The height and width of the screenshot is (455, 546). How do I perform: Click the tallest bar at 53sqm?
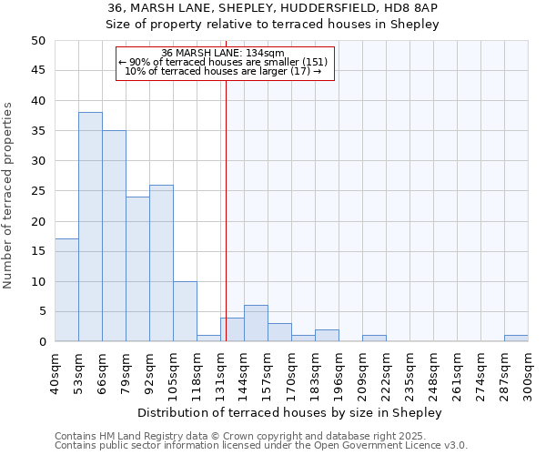click(90, 227)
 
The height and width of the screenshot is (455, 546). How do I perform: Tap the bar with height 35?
click(114, 236)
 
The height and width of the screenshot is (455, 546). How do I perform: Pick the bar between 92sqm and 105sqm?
click(161, 263)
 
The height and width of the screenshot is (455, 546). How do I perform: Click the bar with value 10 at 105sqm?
click(185, 311)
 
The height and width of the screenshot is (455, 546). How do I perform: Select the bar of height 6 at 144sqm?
click(256, 323)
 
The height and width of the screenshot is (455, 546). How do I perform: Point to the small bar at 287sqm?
click(516, 339)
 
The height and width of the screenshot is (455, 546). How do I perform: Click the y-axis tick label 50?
click(38, 41)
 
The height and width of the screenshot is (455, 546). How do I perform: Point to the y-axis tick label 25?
click(38, 191)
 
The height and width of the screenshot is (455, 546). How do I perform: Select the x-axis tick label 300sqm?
click(529, 373)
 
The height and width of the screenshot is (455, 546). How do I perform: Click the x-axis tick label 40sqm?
click(56, 373)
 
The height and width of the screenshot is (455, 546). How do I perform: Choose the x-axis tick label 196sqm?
click(339, 373)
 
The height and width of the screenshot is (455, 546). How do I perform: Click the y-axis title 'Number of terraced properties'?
click(8, 195)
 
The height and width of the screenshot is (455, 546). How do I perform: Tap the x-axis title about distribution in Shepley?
click(291, 412)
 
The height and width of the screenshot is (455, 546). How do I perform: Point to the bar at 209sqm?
click(374, 339)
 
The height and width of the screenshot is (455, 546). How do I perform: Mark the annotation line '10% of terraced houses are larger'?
click(223, 71)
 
